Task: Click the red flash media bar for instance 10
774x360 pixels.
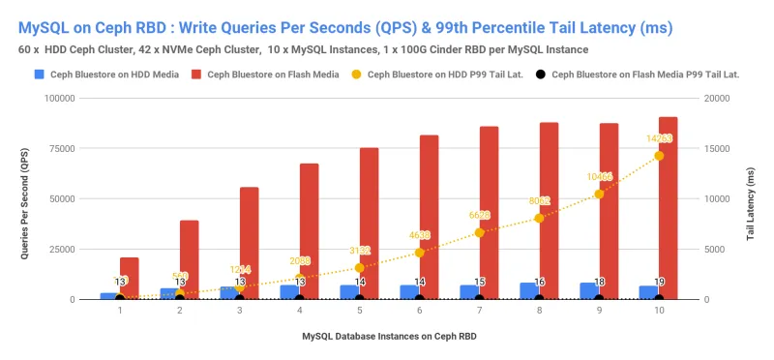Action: [x=669, y=208]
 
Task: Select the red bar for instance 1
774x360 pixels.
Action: [x=129, y=279]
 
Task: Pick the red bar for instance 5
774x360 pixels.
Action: [x=369, y=224]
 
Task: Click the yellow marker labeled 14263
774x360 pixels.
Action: [x=659, y=156]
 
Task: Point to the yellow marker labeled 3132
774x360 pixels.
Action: [x=359, y=267]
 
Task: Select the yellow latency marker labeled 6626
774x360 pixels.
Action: [x=479, y=233]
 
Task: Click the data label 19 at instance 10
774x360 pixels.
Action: [x=659, y=282]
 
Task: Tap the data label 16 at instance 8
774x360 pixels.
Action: [x=539, y=282]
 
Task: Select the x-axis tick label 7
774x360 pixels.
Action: [x=479, y=311]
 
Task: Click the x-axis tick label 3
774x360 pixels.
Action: [x=239, y=311]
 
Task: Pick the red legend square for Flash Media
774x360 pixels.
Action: [x=197, y=74]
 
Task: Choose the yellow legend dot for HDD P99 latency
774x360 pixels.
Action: [x=360, y=74]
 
